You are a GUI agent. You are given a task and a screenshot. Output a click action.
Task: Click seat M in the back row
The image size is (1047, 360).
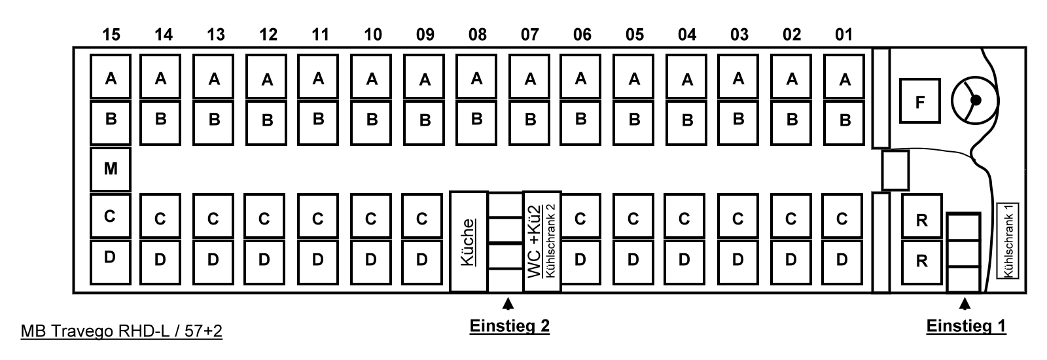click(x=111, y=170)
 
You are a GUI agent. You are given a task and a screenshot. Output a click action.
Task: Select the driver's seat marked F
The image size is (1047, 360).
click(x=919, y=101)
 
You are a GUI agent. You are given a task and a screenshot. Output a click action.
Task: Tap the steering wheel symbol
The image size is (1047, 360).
click(x=975, y=100)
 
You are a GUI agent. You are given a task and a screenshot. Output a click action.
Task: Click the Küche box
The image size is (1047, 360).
click(x=469, y=242)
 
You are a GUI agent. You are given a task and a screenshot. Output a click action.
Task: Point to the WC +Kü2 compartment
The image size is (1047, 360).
click(x=542, y=242)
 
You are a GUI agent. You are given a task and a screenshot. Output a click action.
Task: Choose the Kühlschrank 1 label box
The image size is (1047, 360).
click(x=1007, y=241)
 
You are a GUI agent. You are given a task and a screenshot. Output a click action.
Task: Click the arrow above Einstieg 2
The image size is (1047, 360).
click(x=508, y=304)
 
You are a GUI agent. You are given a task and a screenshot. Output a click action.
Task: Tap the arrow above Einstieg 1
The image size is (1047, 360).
click(x=965, y=304)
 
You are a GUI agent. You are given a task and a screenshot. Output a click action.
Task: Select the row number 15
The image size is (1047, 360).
click(x=111, y=35)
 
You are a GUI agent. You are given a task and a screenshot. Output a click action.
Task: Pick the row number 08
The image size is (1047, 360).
click(x=477, y=35)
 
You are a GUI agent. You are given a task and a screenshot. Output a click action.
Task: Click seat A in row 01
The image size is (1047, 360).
click(x=844, y=77)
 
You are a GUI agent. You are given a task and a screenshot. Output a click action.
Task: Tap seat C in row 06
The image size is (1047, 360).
click(x=580, y=216)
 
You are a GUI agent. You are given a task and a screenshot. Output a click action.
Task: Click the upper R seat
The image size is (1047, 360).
click(x=922, y=216)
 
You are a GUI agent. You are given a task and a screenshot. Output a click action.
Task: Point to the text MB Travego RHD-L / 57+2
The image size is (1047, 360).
click(x=122, y=331)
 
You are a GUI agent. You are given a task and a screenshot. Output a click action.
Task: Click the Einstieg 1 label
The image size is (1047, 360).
click(x=966, y=326)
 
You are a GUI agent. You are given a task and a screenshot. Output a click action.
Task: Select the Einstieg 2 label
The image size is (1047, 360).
click(x=510, y=326)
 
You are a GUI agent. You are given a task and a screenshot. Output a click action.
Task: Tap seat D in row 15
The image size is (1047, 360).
click(x=111, y=262)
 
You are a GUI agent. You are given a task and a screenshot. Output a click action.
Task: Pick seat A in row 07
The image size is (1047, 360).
click(x=529, y=77)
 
